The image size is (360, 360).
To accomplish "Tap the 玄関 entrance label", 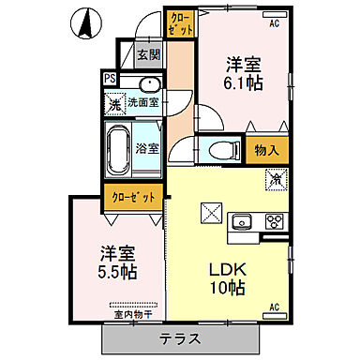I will [x=148, y=54].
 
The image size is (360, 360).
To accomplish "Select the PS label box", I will [x=110, y=80].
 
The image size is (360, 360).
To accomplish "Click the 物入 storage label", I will [x=265, y=149].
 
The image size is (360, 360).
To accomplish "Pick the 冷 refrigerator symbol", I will [x=277, y=176].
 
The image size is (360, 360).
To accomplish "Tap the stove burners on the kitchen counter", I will [x=273, y=222].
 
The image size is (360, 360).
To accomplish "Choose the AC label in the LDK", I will [x=275, y=306].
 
